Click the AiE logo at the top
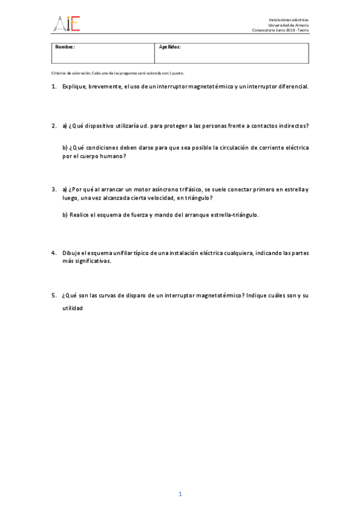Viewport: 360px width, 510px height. point(67,23)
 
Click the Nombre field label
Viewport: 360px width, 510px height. point(64,46)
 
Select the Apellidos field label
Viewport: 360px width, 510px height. point(169,46)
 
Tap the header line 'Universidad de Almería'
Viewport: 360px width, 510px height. point(288,25)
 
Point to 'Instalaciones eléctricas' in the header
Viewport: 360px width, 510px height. point(288,20)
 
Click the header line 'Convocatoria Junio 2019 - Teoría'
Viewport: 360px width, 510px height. point(280,31)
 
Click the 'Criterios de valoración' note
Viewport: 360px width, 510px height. point(118,73)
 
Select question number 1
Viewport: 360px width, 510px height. point(53,87)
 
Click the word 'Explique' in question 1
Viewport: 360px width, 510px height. point(74,87)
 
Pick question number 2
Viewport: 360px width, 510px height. point(53,126)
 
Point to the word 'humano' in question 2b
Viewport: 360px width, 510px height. point(112,156)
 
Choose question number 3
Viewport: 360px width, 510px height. point(53,189)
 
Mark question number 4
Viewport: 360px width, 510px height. point(53,253)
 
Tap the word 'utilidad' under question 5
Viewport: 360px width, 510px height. point(72,308)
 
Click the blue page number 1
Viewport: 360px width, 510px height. point(180,494)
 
